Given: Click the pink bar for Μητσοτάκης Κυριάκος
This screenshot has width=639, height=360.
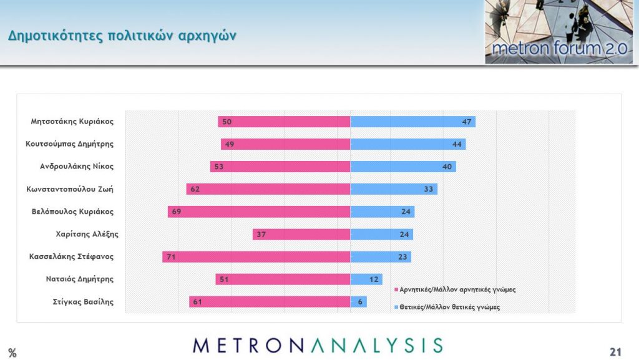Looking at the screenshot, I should coord(284,122).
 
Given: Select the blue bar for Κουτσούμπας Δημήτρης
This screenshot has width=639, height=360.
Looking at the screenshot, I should coord(408,144).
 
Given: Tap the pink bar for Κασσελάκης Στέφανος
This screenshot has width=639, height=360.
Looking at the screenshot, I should coord(256,256).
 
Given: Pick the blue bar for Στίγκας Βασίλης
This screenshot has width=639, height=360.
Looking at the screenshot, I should coord(358,302).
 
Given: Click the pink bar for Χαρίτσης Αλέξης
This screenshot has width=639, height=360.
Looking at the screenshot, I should coord(301,234).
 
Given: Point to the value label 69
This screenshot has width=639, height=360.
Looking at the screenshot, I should coord(176,212).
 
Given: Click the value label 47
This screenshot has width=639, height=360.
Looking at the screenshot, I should coord(466,122).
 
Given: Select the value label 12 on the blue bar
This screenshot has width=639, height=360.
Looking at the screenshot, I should coord(374,279).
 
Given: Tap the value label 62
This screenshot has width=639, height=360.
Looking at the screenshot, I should coord(195,189).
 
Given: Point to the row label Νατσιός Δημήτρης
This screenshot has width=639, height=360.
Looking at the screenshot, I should coord(80,279).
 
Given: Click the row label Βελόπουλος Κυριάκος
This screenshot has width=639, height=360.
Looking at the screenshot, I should coord(72,212).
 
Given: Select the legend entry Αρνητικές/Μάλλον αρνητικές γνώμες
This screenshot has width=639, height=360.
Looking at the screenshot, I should coord(457,289).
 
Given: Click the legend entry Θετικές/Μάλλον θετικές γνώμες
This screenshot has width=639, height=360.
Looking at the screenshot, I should coord(449,307).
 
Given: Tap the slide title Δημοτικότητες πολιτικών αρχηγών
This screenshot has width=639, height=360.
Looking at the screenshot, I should coord(122,36).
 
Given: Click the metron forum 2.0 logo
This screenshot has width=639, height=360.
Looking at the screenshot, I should coord(559,32).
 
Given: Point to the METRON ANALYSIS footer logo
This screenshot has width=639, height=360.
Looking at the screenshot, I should coord(318,345).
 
